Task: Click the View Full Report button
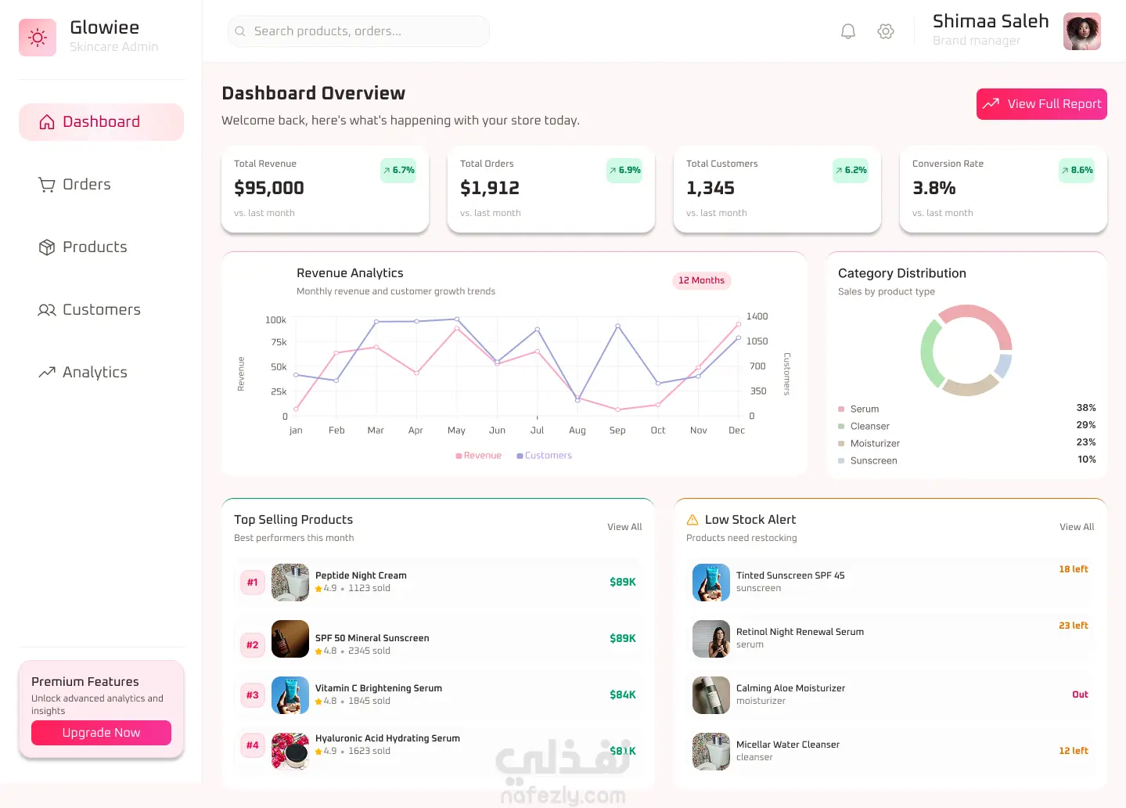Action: (x=1041, y=104)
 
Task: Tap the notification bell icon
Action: (x=847, y=31)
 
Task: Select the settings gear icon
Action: (x=885, y=31)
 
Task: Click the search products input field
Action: (x=358, y=31)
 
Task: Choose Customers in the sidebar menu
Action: (x=101, y=310)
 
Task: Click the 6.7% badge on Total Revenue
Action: (x=398, y=170)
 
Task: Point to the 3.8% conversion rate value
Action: (x=934, y=188)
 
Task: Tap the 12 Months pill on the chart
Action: (x=701, y=280)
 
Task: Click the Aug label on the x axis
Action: (x=577, y=430)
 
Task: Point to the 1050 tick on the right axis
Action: (x=757, y=341)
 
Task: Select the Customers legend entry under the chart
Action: (x=545, y=456)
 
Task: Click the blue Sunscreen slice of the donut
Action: (x=1002, y=366)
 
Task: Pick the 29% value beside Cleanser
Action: (x=1086, y=425)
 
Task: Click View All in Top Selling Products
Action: (x=624, y=527)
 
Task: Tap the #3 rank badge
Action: (x=252, y=694)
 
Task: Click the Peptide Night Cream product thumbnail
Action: (x=290, y=582)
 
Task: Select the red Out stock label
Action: (x=1080, y=694)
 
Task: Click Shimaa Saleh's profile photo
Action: (x=1081, y=31)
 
